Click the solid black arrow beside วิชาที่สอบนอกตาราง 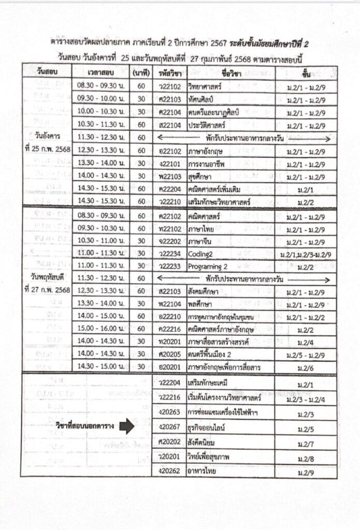[x=126, y=426]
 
